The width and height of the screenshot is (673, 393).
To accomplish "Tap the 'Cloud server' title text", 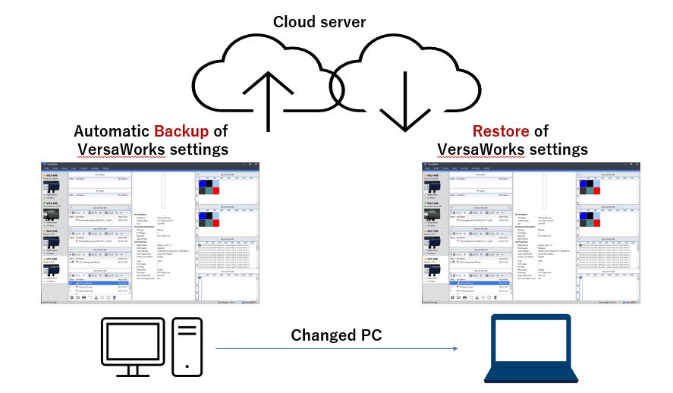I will click(x=319, y=21).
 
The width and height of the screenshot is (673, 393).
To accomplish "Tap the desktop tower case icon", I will click(x=187, y=346).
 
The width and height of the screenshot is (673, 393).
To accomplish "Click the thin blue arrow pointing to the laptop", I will click(x=338, y=349).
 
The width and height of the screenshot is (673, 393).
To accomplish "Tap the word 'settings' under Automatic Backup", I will click(x=194, y=149).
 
